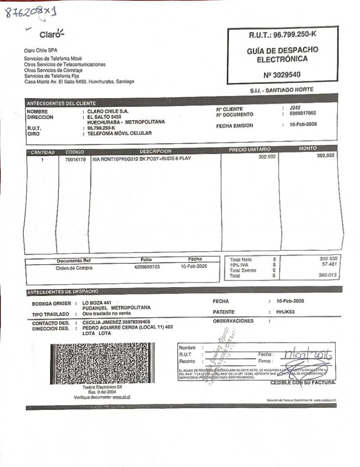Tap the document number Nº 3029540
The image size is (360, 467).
coord(282,74)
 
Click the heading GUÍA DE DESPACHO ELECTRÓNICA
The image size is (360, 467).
coord(282,54)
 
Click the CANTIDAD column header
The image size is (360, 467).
coord(42,152)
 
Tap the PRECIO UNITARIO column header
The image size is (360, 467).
coord(249,150)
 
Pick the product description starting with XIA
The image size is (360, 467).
coord(141,159)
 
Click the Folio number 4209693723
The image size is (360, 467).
coord(147,267)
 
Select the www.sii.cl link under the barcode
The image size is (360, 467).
coord(121,397)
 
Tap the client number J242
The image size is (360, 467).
coord(295,108)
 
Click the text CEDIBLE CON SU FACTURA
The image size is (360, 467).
coord(303,382)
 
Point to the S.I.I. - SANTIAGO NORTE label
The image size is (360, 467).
coord(281,90)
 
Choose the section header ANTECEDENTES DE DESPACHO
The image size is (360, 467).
coord(63,292)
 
